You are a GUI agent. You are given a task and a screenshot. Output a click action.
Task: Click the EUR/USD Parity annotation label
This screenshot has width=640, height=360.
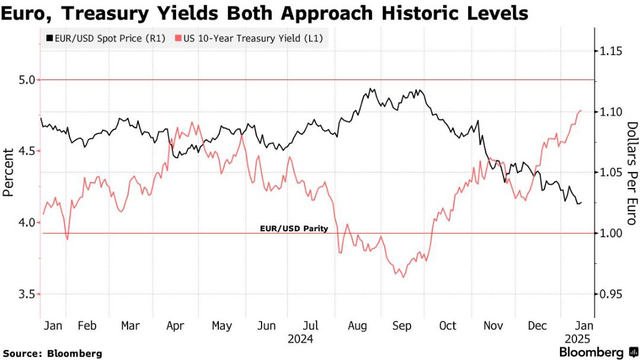pos(294,228)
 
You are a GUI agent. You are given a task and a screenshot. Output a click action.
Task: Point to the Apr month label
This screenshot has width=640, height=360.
pos(175,326)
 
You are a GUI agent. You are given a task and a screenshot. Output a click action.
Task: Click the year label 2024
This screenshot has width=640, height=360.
pos(300,339)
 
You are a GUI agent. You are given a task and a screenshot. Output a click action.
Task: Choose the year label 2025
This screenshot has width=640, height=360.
pos(575,339)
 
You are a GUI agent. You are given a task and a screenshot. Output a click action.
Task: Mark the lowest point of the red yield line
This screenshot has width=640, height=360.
pos(403,277)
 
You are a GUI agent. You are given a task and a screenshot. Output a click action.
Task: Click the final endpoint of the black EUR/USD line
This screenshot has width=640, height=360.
pos(581,202)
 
